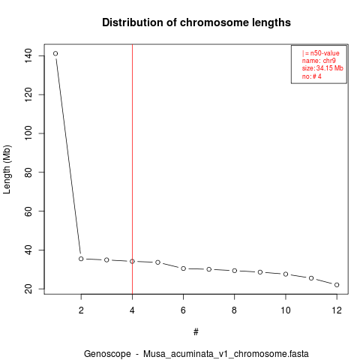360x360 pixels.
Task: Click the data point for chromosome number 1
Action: [x=55, y=53]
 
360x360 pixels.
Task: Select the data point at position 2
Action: [x=81, y=259]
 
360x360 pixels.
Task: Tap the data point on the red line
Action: [x=132, y=261]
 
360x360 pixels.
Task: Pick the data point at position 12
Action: [x=337, y=285]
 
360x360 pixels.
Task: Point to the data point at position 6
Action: [x=183, y=268]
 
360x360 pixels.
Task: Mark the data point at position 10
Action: [x=286, y=274]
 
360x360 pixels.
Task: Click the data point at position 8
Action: [x=235, y=271]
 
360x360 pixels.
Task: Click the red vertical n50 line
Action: [x=132, y=169]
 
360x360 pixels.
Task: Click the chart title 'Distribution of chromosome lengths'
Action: [x=196, y=22]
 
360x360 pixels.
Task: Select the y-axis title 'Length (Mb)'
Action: [x=7, y=169]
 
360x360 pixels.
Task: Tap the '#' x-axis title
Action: [x=196, y=331]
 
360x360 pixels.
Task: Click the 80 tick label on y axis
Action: [x=28, y=172]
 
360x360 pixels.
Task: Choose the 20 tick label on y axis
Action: [x=28, y=289]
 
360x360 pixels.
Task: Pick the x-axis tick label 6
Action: [x=183, y=310]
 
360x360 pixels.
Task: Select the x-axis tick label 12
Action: [x=337, y=310]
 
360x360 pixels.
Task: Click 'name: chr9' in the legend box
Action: [x=319, y=61]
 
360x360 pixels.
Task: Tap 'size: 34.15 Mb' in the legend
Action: [x=322, y=68]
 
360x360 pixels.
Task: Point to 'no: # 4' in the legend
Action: [x=311, y=76]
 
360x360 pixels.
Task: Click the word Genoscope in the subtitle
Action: [x=107, y=354]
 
